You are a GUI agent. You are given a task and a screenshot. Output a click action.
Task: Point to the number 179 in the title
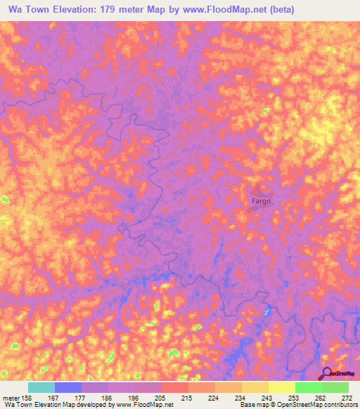pyautogui.click(x=115, y=10)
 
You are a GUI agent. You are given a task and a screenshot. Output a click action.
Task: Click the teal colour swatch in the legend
pyautogui.click(x=41, y=387)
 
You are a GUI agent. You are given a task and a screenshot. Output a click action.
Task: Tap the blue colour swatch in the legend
pyautogui.click(x=68, y=387)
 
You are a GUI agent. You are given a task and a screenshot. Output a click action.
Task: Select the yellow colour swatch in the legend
pyautogui.click(x=281, y=387)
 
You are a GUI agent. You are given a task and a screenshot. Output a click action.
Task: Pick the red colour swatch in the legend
pyautogui.click(x=174, y=387)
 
